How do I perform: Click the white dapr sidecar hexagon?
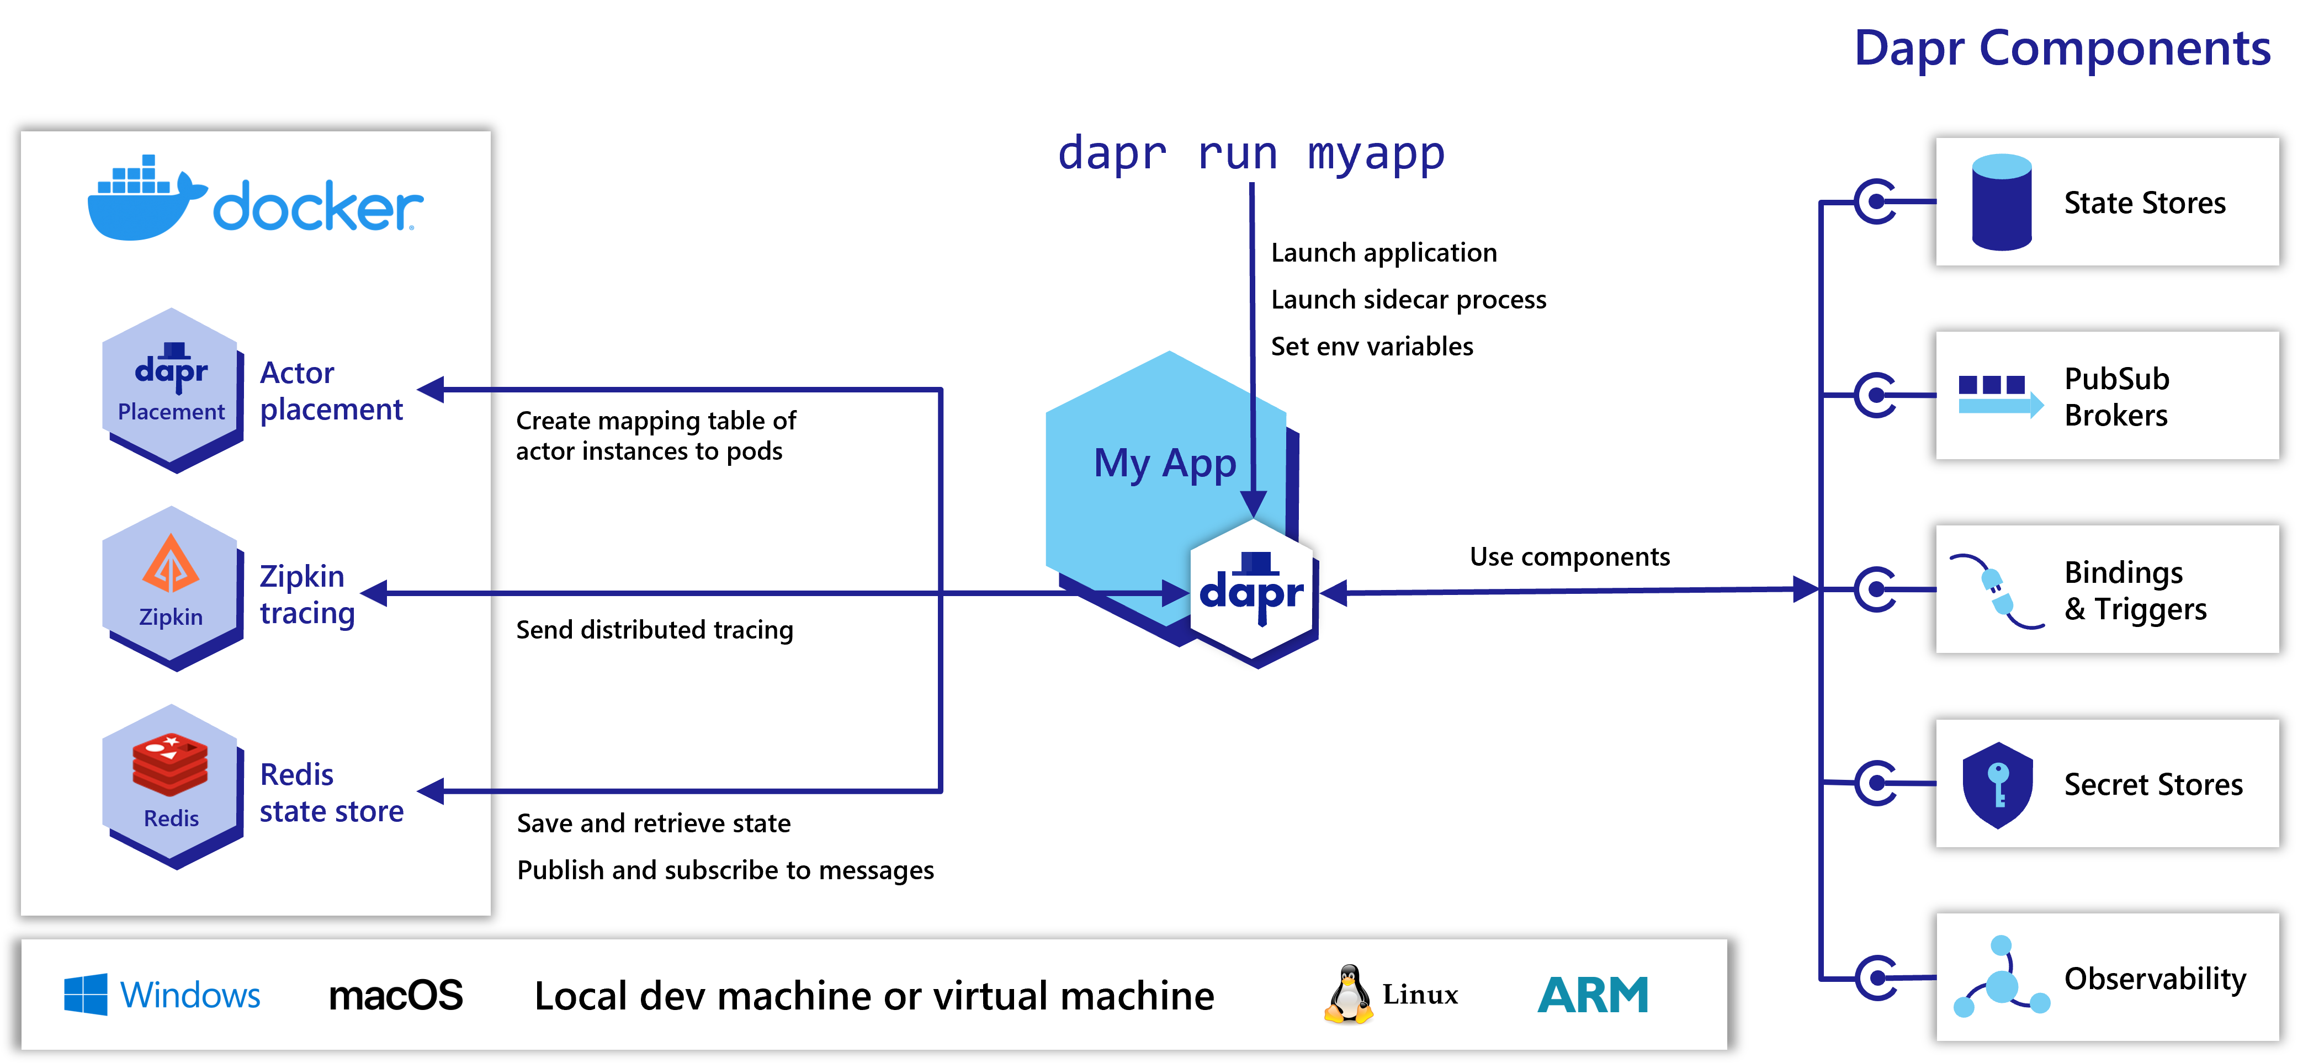point(1251,591)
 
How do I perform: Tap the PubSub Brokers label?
point(2116,396)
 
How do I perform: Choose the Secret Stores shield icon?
point(1997,784)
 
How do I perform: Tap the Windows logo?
point(86,994)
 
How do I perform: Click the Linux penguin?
point(1348,993)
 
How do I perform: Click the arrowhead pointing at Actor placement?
point(432,389)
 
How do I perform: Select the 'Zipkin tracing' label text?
point(307,594)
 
